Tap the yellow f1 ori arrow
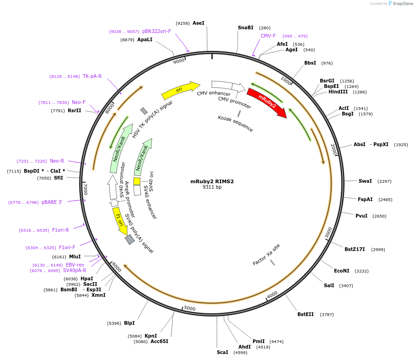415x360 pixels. (x=120, y=221)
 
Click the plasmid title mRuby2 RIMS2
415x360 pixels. (x=212, y=181)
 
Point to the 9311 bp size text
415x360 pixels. (x=212, y=187)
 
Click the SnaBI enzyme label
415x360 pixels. (x=246, y=28)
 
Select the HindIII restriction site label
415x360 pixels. (x=338, y=92)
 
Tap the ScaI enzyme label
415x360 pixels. (x=222, y=352)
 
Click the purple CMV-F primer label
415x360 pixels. (x=268, y=36)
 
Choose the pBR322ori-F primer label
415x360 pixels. (x=156, y=31)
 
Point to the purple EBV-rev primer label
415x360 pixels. (x=75, y=265)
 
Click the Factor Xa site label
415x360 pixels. (x=266, y=255)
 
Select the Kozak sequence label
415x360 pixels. (x=235, y=124)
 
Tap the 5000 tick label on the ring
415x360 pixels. (x=189, y=309)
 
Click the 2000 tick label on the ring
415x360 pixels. (x=334, y=149)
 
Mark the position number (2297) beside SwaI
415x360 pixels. (x=384, y=181)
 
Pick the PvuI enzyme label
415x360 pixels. (x=361, y=216)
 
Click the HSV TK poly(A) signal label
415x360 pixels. (x=152, y=120)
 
